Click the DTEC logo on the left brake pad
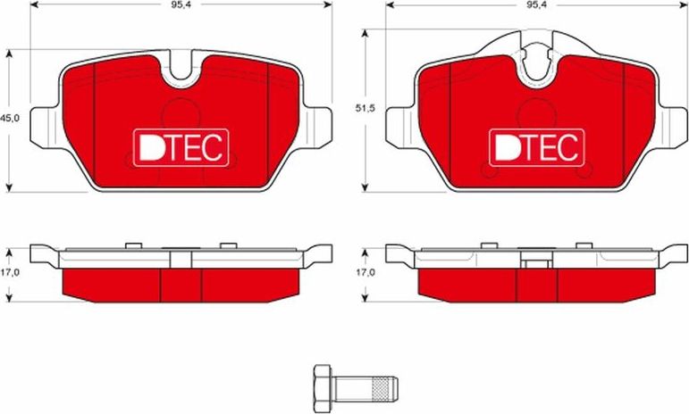tap(182, 146)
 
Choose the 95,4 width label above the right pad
tap(536, 4)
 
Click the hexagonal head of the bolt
tap(323, 389)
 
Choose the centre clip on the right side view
tap(537, 260)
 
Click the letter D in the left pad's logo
tap(149, 146)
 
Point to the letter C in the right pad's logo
tap(569, 146)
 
